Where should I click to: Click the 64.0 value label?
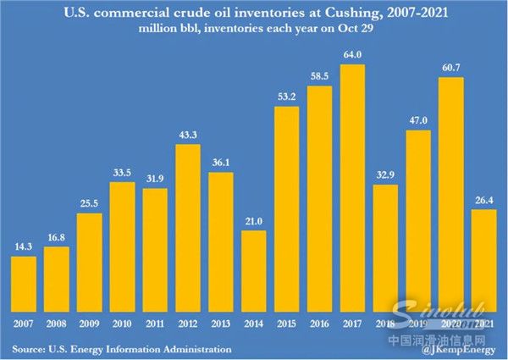353,55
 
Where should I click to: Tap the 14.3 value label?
24,246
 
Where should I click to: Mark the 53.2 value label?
287,96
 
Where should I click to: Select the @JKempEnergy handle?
459,349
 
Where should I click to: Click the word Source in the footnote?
32,348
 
